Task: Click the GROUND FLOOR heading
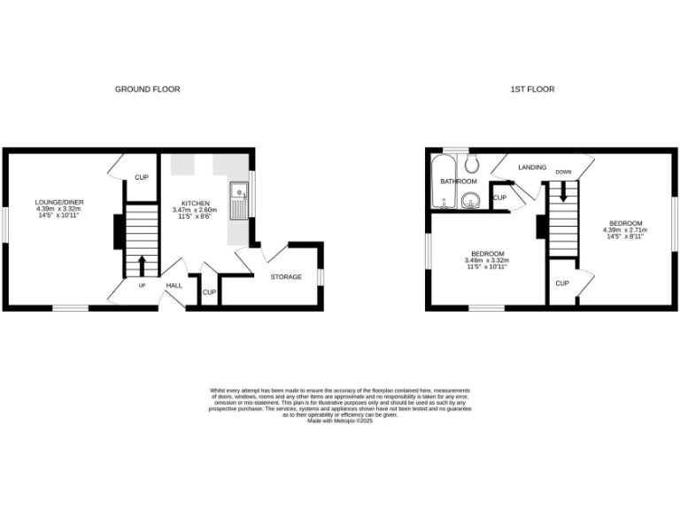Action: point(148,89)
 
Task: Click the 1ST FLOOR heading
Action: point(532,89)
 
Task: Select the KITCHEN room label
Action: point(196,203)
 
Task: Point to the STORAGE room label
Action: point(286,277)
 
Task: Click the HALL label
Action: point(174,285)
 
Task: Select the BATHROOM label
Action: point(459,182)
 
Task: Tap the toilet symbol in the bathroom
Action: point(472,163)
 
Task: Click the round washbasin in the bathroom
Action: point(470,199)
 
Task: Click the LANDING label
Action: point(532,167)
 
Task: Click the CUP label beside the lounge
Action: point(141,178)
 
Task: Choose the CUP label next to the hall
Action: point(209,292)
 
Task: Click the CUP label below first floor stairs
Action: point(562,283)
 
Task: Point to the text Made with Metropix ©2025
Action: point(341,421)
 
